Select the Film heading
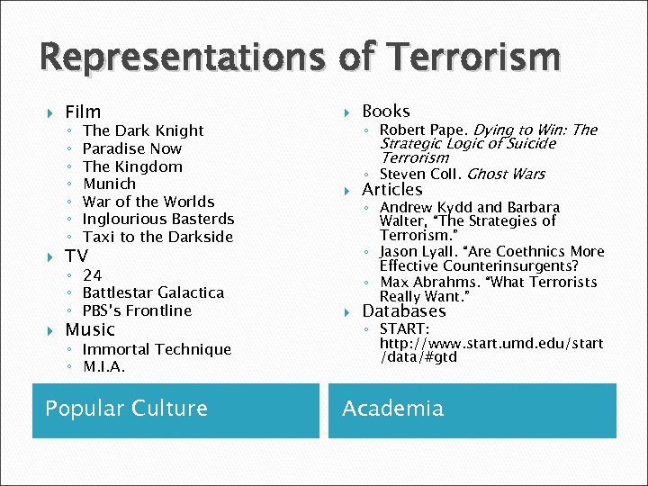[83, 112]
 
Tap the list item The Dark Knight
[143, 130]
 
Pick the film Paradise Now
[131, 148]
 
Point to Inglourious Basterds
[157, 219]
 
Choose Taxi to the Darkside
[157, 237]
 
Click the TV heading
[76, 256]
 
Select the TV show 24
[92, 275]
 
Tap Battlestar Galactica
[153, 292]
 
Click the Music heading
[90, 329]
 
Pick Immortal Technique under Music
[157, 349]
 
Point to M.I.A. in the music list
[103, 367]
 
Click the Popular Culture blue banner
[175, 409]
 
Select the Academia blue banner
[472, 409]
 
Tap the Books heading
[385, 111]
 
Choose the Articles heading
[391, 189]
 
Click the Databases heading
[403, 311]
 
